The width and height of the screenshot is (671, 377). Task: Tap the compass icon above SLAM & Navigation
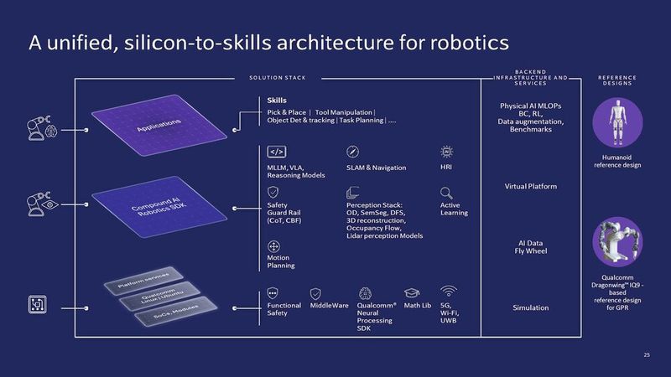click(x=352, y=152)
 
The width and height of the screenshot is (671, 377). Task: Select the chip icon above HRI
click(x=447, y=152)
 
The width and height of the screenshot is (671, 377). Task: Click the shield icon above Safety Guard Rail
click(x=273, y=192)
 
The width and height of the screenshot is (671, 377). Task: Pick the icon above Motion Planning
click(x=273, y=247)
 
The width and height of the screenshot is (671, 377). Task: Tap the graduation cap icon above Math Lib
click(x=411, y=292)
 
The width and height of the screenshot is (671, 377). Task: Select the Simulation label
click(x=530, y=307)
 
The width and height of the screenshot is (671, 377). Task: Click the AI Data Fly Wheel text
click(x=530, y=247)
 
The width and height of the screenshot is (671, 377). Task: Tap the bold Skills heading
click(x=277, y=101)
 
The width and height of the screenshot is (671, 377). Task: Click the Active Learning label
click(x=454, y=208)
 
